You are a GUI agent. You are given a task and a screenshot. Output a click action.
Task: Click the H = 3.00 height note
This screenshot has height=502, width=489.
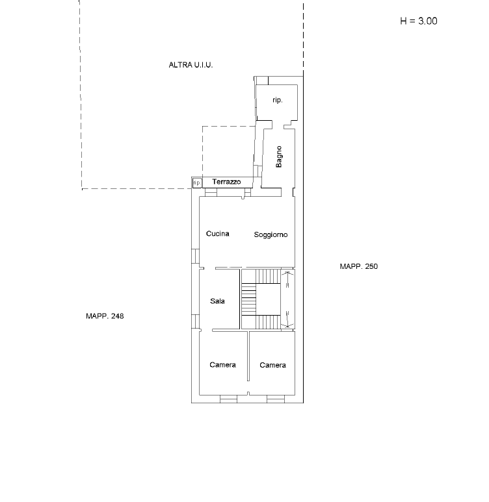(x=419, y=21)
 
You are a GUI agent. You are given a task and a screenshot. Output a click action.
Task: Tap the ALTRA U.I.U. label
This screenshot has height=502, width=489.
(x=191, y=65)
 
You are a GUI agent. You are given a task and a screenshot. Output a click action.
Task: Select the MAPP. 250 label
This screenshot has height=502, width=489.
(x=358, y=266)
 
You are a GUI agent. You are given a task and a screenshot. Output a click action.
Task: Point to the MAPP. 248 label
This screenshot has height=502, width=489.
(x=105, y=316)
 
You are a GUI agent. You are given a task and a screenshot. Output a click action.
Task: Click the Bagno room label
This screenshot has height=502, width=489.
(x=279, y=157)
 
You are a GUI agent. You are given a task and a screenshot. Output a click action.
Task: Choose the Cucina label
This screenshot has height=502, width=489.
(x=217, y=234)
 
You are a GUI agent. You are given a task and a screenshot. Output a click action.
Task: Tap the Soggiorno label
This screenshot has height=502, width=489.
(x=271, y=234)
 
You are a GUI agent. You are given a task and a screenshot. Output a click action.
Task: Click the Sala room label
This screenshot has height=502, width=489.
(x=217, y=301)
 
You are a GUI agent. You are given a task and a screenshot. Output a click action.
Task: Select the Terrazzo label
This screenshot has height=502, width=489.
(x=226, y=182)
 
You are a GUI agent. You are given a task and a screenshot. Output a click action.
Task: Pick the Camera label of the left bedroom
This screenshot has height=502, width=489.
(x=222, y=365)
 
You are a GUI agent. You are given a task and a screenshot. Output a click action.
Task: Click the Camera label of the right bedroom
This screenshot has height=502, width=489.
(x=272, y=365)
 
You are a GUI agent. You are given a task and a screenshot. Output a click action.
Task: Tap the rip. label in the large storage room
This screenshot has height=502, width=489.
(x=278, y=100)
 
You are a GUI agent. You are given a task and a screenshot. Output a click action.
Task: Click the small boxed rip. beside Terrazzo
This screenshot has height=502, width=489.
(x=197, y=183)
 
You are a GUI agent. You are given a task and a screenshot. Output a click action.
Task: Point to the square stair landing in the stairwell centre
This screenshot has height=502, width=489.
(x=268, y=299)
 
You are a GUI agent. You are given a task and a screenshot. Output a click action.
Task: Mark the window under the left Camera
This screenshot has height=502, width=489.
(x=228, y=399)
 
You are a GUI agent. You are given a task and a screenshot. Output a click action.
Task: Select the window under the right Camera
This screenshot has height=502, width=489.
(x=276, y=399)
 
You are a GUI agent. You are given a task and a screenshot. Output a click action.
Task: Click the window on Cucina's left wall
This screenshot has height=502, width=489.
(x=195, y=256)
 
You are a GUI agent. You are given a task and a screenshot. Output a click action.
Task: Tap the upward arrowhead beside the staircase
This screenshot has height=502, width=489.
(x=287, y=273)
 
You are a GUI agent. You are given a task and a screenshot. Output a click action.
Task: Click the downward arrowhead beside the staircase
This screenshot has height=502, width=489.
(x=287, y=325)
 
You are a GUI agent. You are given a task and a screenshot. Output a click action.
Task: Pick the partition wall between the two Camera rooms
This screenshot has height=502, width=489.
(x=248, y=356)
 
